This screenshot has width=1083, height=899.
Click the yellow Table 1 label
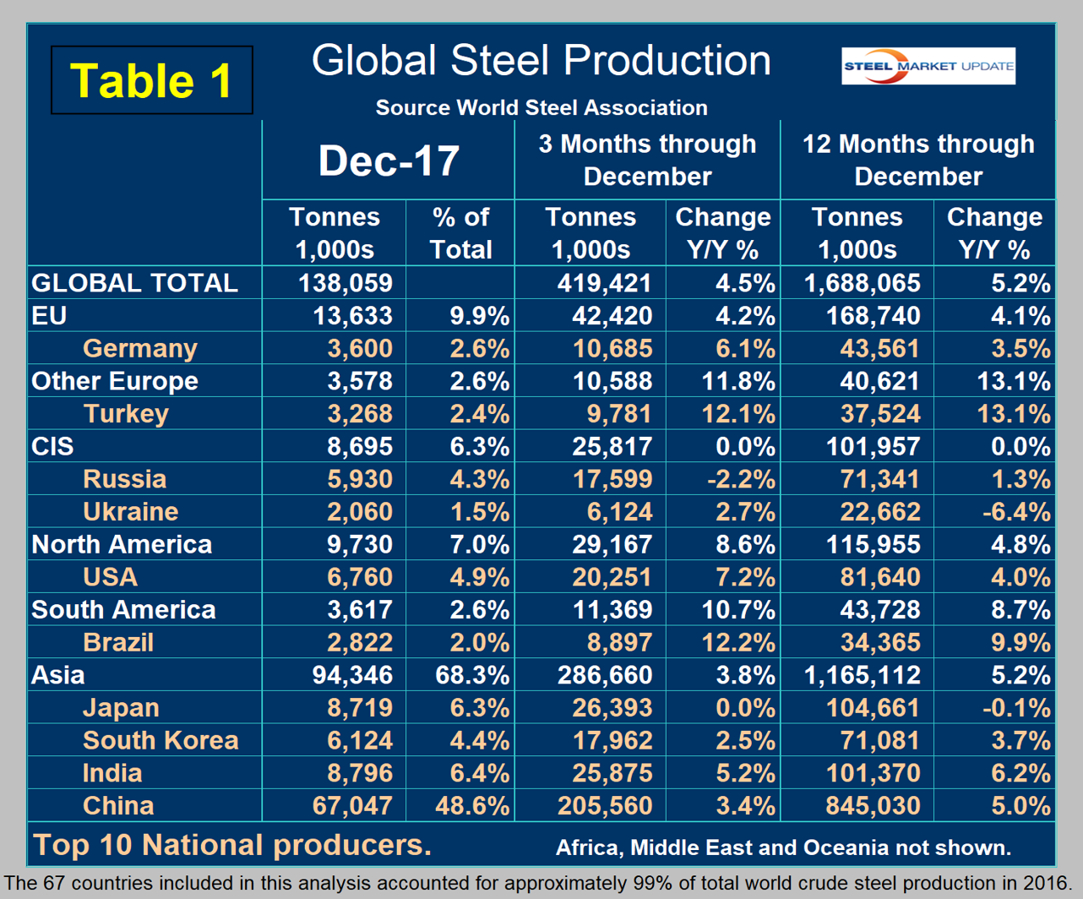[x=152, y=81]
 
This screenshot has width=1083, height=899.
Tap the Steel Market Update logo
[x=928, y=66]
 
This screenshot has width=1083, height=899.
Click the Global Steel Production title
[x=541, y=61]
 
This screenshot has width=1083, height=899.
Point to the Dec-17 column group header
[x=389, y=161]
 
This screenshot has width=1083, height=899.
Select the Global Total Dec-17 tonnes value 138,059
[x=346, y=283]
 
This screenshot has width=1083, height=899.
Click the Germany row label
[x=140, y=348]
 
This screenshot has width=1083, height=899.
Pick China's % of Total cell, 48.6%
[x=472, y=805]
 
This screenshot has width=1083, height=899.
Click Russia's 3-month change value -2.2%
[x=740, y=479]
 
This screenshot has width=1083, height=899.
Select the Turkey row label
[x=126, y=414]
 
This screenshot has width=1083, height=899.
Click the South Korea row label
[x=161, y=740]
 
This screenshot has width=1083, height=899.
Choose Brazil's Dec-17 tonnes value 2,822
[x=360, y=642]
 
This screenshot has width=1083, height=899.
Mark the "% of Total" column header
[x=460, y=233]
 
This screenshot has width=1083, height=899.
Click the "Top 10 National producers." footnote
[x=231, y=844]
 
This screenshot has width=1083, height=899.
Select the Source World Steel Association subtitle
[x=541, y=108]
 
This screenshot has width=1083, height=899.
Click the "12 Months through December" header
[x=918, y=160]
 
